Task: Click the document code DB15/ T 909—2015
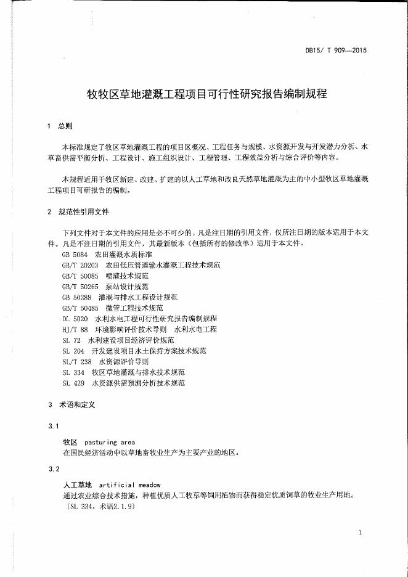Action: (336, 51)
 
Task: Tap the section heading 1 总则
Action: (60, 126)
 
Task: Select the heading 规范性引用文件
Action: (83, 212)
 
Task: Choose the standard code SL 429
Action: (73, 383)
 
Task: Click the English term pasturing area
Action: (109, 442)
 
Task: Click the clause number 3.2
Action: (53, 469)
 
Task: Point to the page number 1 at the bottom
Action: (360, 532)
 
